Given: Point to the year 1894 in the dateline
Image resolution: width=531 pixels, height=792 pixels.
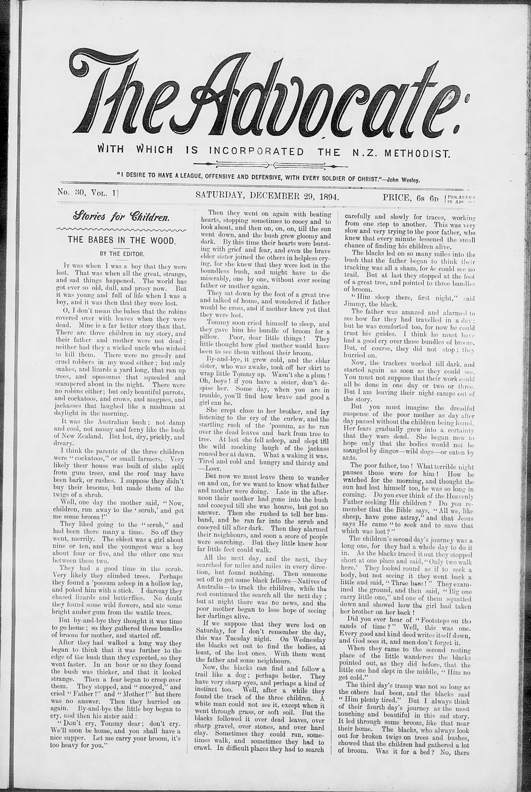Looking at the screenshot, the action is coord(327,196).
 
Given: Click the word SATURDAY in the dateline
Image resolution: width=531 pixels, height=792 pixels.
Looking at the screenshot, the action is coord(218,196).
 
